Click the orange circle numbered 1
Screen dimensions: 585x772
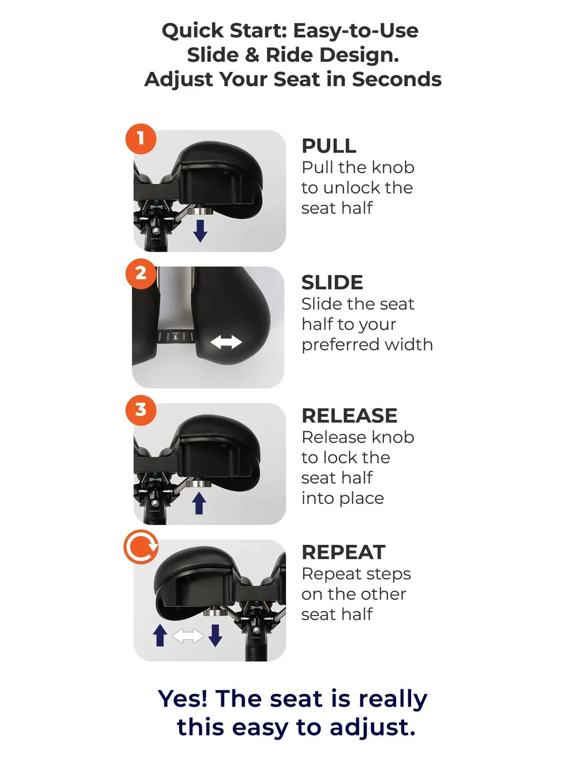pos(140,138)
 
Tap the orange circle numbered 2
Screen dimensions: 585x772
pos(140,273)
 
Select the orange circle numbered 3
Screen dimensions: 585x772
pos(140,410)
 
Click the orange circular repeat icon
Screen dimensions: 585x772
pos(140,546)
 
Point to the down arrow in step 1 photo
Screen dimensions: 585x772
pos(200,231)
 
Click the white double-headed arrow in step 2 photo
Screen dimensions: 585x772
pos(226,342)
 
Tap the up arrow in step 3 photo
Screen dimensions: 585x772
pos(199,503)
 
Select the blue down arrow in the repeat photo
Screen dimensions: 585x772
pos(215,635)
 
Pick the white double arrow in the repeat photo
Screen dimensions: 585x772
pos(188,636)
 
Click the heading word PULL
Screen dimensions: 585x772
pos(329,146)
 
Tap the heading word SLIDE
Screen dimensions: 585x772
pos(332,283)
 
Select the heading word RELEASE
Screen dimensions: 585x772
pos(349,416)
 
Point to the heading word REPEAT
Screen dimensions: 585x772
pos(344,552)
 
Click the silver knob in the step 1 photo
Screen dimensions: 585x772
pos(199,211)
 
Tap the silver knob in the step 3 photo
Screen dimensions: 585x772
pos(198,483)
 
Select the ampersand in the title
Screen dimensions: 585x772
pos(252,55)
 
